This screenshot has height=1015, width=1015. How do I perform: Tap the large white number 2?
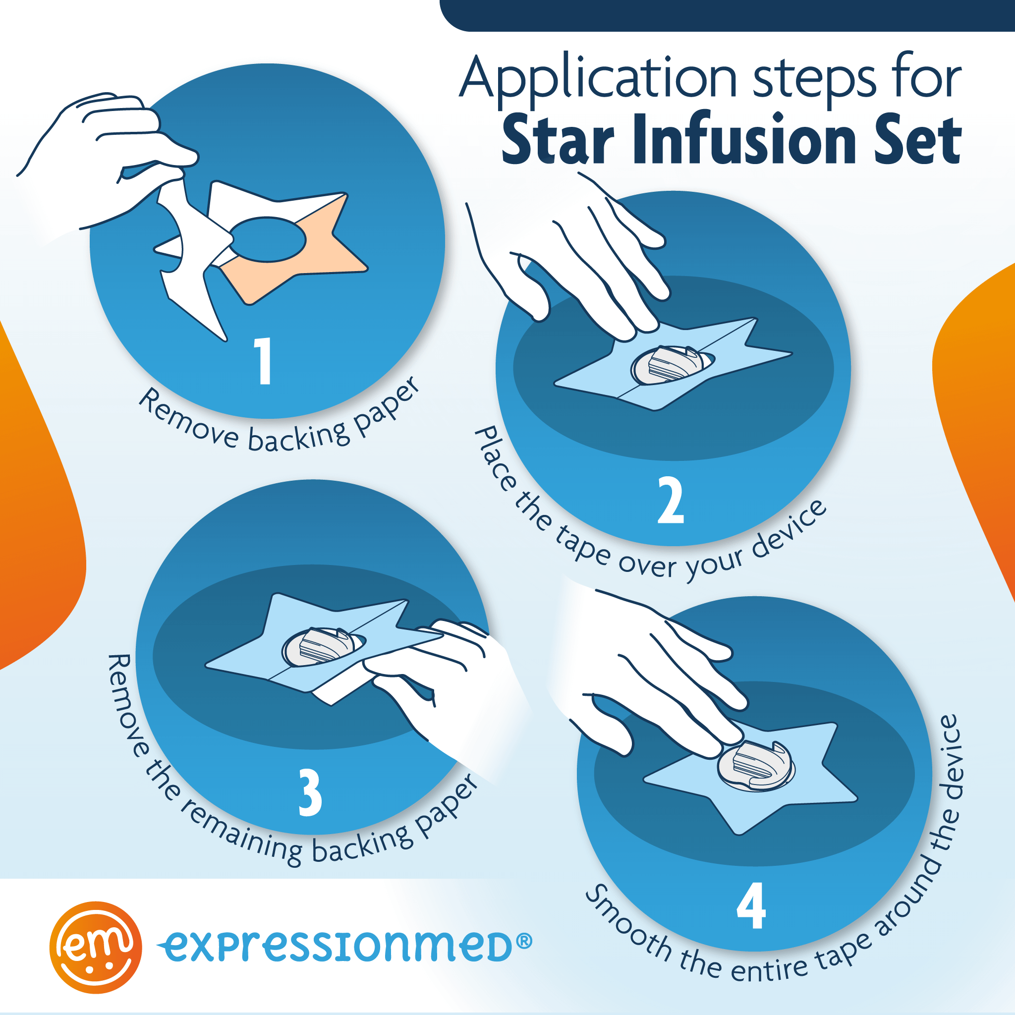click(x=671, y=500)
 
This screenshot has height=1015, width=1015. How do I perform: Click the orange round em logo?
click(x=96, y=948)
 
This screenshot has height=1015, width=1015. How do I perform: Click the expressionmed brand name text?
click(x=336, y=947)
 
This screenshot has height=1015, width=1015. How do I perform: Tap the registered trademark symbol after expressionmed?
click(x=524, y=941)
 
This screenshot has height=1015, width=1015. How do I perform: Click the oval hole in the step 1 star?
click(x=268, y=239)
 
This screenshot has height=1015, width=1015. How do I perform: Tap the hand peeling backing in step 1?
click(x=105, y=158)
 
